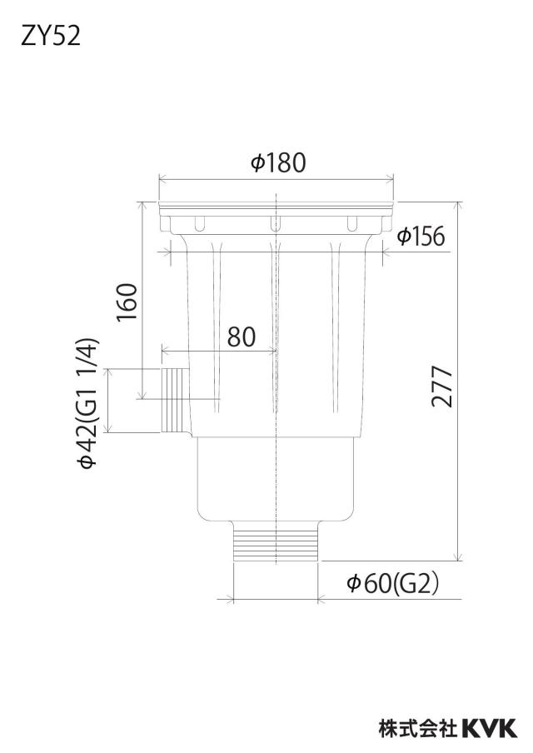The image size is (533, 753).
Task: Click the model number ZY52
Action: pos(51,36)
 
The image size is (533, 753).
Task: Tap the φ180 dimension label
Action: pos(278,162)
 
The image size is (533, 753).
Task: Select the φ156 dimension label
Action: pos(421,237)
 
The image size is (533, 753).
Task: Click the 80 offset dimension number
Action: pos(242,337)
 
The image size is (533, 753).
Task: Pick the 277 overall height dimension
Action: pos(441,387)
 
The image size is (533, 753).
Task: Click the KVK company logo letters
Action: pos(490,727)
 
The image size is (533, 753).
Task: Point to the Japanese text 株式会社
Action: pos(418,727)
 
